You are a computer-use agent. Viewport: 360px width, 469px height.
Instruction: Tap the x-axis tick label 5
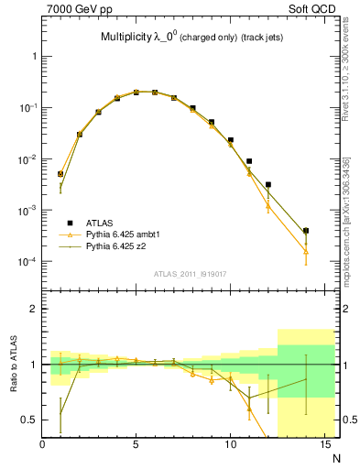pyautogui.click(x=136, y=446)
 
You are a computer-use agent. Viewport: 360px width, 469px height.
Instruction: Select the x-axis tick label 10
pyautogui.click(x=230, y=446)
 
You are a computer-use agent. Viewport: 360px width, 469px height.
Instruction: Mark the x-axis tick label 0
pyautogui.click(x=43, y=446)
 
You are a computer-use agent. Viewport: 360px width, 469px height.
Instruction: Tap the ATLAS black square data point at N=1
pyautogui.click(x=60, y=173)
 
